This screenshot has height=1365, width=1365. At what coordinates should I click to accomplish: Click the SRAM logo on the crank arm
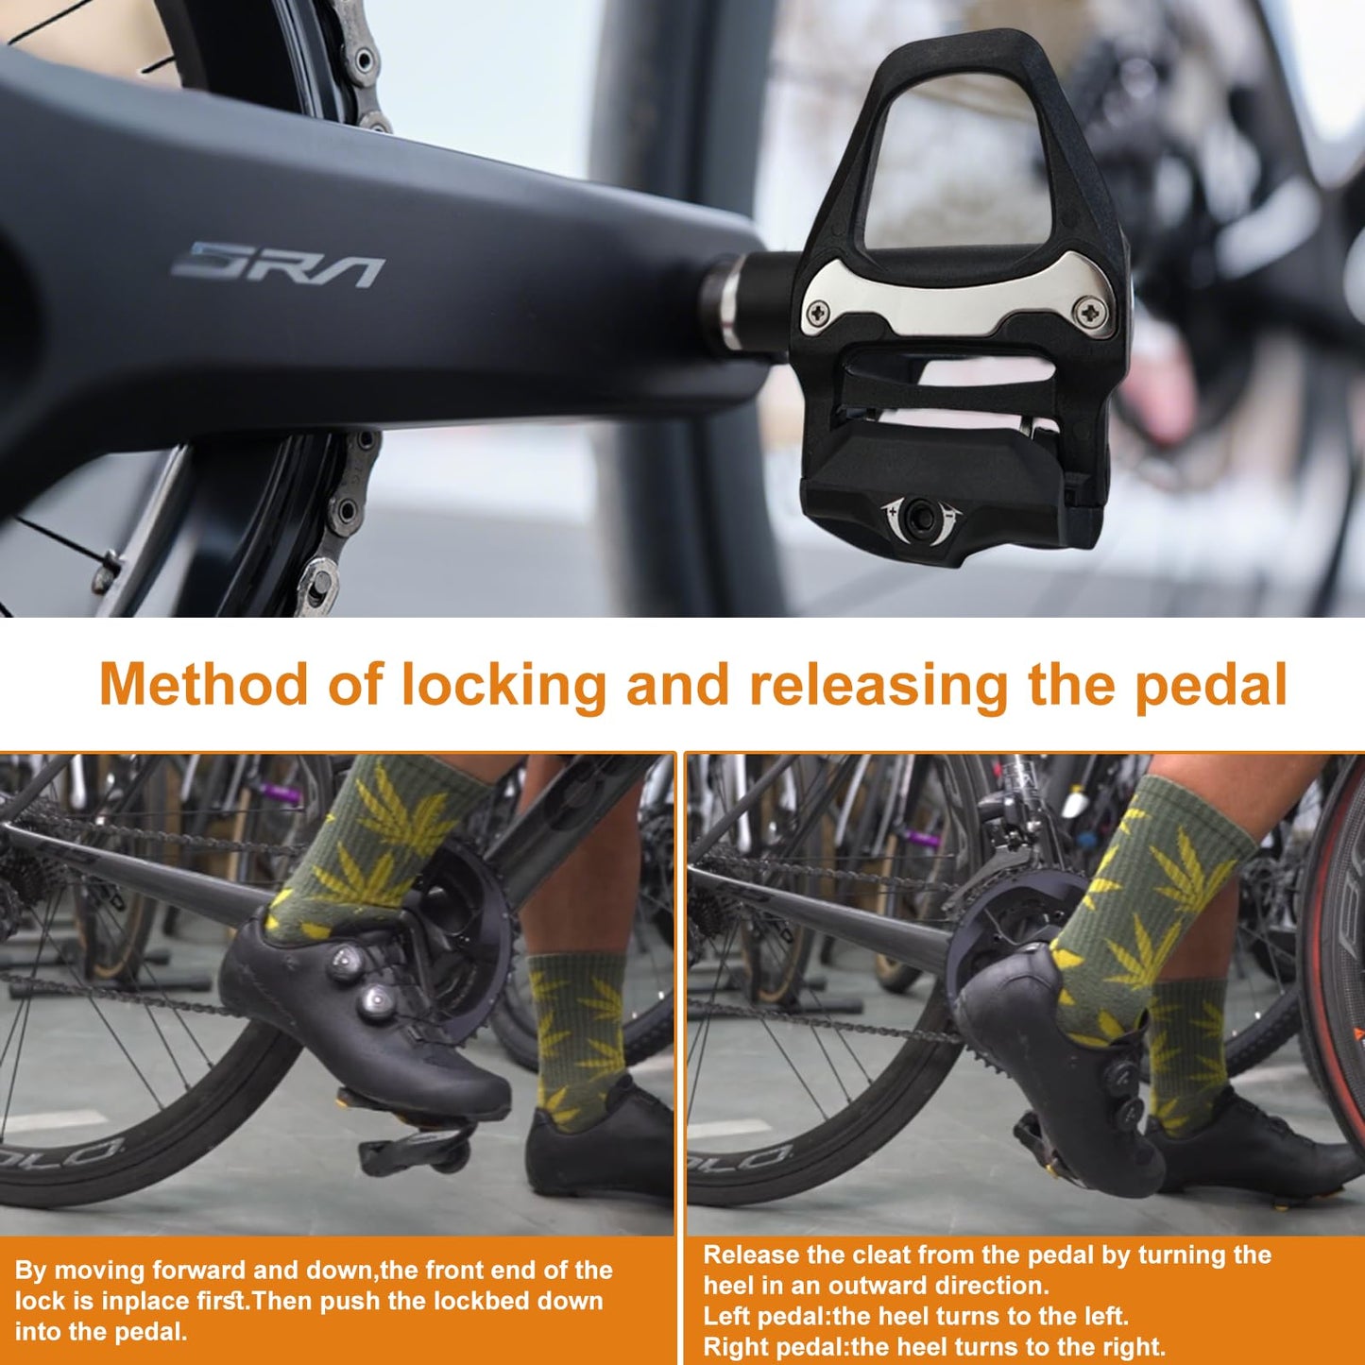click(x=279, y=264)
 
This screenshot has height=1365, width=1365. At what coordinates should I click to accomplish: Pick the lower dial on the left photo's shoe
click(x=376, y=1000)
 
